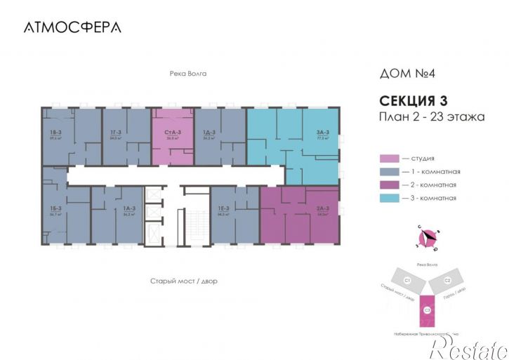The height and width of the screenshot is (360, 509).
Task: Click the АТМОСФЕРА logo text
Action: (72, 27)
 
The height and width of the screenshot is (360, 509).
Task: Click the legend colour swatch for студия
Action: (388, 159)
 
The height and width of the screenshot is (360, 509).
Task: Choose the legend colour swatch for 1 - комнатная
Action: (388, 172)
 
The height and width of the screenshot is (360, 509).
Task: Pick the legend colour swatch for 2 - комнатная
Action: (388, 185)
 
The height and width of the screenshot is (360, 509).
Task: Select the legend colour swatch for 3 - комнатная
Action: (388, 198)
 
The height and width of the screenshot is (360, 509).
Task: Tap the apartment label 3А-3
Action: (324, 133)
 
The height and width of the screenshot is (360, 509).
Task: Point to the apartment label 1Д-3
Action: (208, 133)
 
